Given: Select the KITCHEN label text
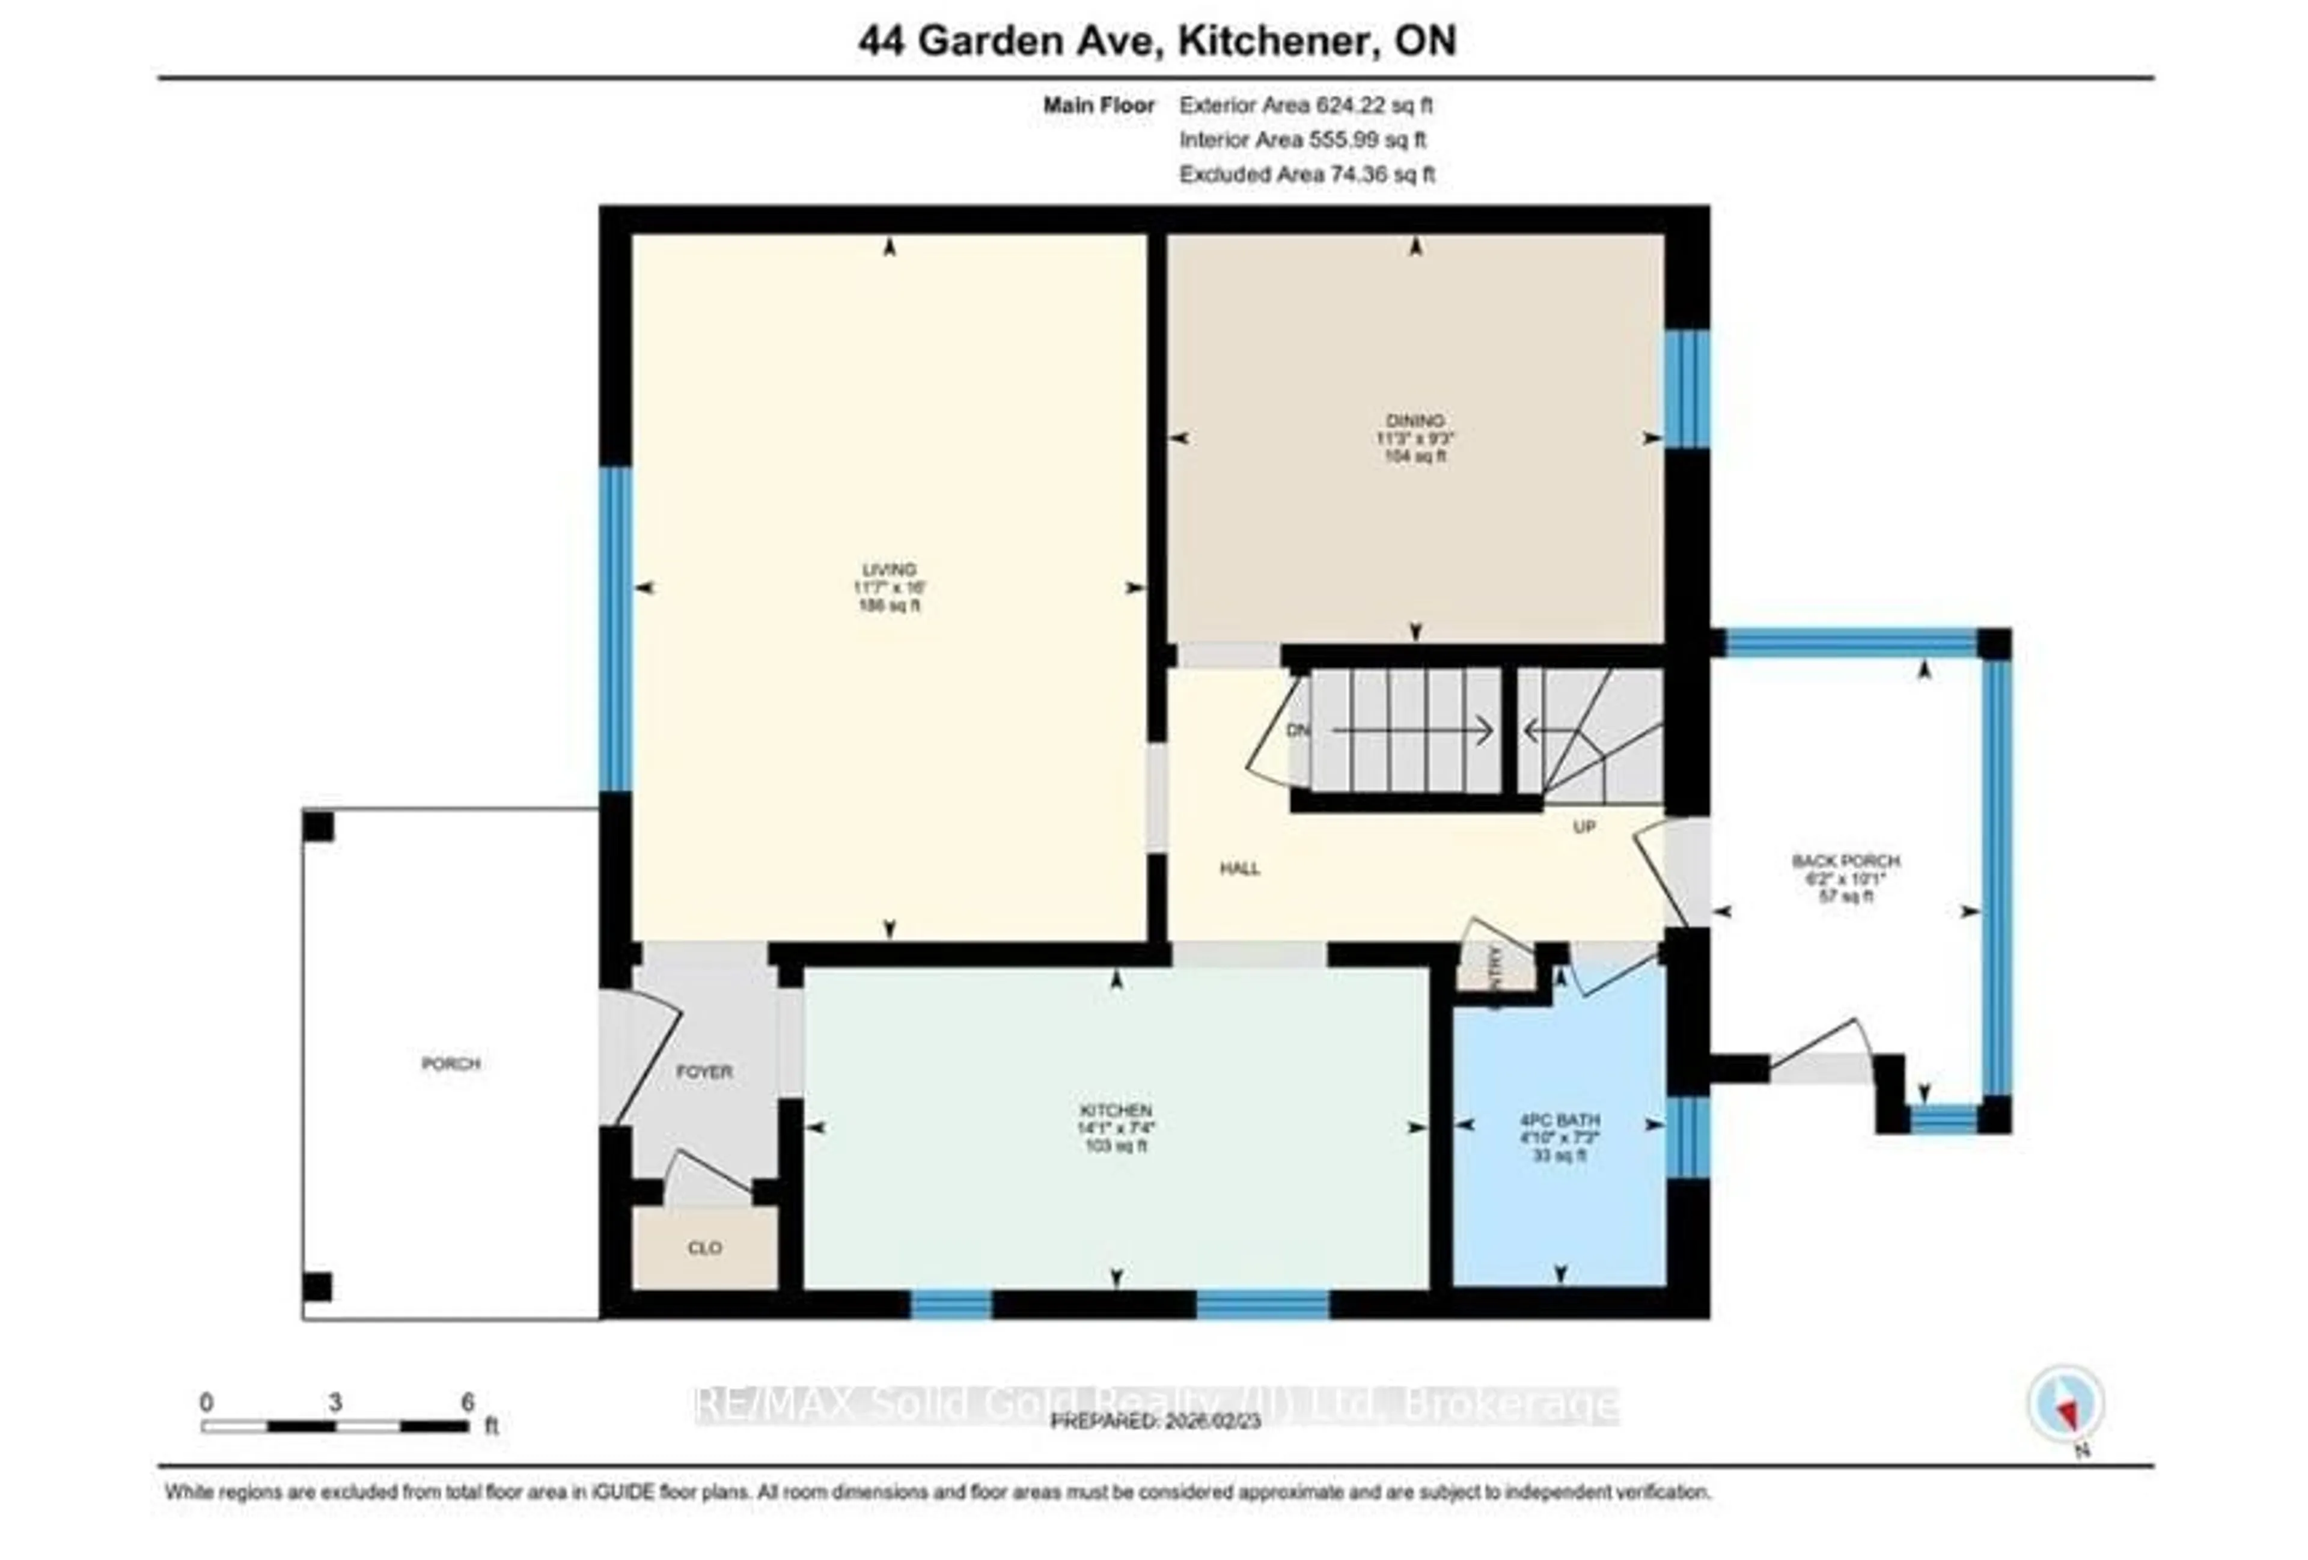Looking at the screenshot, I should coord(1116,1110).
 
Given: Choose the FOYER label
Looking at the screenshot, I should coord(704,1071).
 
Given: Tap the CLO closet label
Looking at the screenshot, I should coord(704,1247).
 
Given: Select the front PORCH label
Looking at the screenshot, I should coord(451,1064).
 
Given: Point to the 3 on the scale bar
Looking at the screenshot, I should coord(335,1402).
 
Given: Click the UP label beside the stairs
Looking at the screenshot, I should coord(1584,826).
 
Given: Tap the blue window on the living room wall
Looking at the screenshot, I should coord(615,629).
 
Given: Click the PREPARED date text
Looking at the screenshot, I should coord(1155,1421).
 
